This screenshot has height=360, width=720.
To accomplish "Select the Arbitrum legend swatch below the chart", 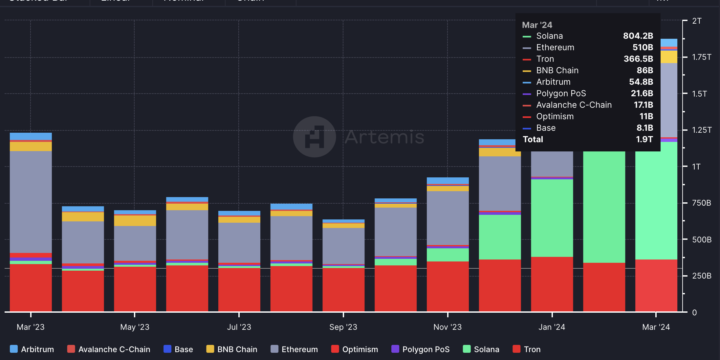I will [14, 349].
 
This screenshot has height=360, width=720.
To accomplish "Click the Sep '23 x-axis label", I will [343, 327].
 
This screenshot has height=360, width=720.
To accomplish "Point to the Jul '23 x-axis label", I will [239, 327].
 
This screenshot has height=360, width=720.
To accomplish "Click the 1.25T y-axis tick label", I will [702, 130].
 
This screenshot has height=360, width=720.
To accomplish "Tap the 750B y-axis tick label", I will [701, 203].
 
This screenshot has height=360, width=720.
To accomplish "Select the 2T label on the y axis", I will [697, 21].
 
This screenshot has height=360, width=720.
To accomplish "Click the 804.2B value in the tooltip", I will [638, 36].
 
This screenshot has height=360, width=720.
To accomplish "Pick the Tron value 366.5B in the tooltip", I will [638, 59].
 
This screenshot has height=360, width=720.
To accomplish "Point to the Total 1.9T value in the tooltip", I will [644, 139].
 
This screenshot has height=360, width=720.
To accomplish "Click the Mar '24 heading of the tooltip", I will [537, 25].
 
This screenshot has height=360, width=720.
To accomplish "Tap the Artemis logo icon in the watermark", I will [314, 137].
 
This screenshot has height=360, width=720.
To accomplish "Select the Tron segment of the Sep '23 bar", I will [343, 289].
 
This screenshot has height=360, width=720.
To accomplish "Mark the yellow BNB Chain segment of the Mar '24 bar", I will [668, 56].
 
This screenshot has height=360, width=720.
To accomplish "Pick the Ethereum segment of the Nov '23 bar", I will [447, 217].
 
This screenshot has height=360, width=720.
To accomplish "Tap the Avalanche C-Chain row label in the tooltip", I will [574, 105].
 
